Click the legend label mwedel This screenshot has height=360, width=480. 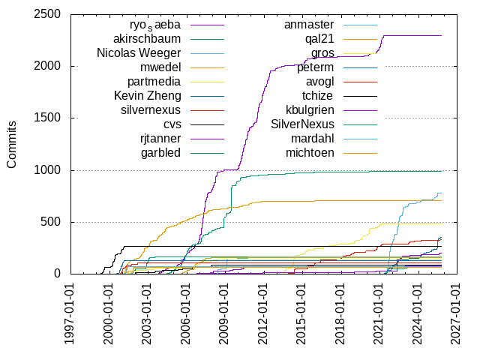pyautogui.click(x=159, y=67)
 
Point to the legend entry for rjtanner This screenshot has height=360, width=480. pyautogui.click(x=160, y=139)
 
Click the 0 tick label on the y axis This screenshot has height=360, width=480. pyautogui.click(x=57, y=274)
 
